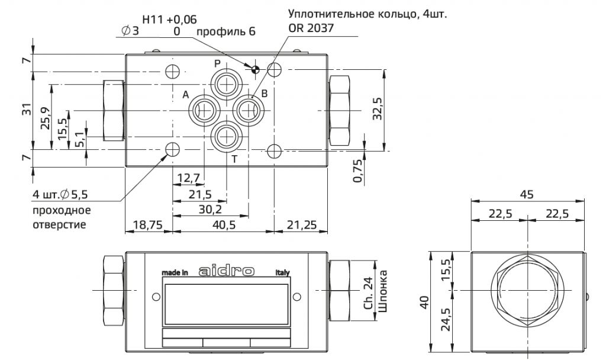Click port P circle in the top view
(226, 85)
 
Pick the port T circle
(226, 136)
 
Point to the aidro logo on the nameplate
(227, 272)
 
